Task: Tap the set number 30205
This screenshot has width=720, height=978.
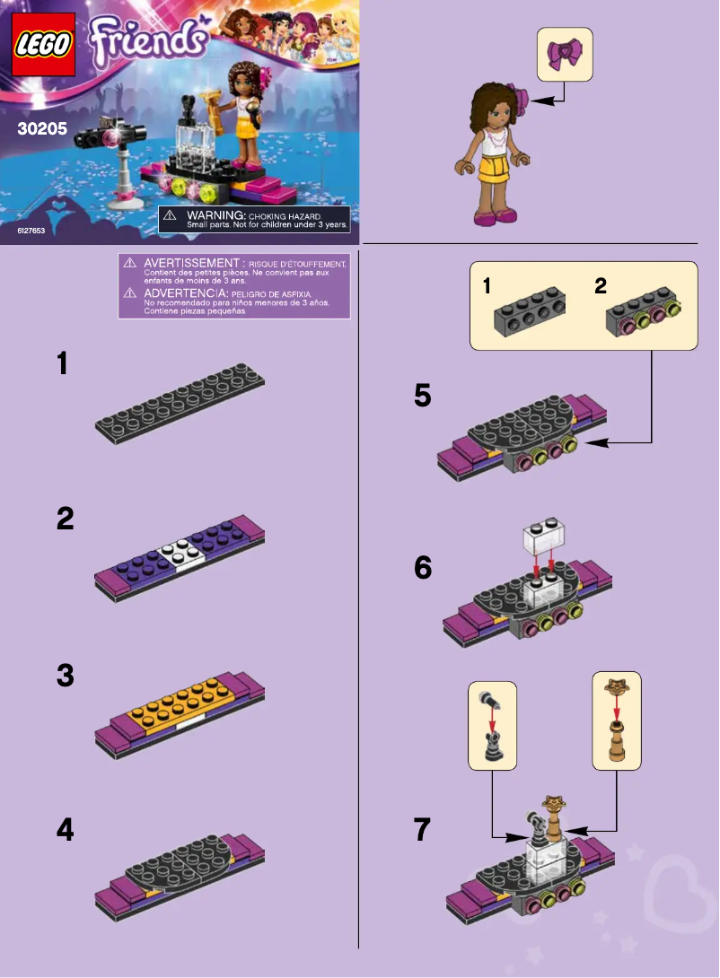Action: [x=42, y=128]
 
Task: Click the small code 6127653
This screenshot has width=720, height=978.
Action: [x=31, y=231]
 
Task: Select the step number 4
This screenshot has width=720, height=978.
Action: [x=65, y=831]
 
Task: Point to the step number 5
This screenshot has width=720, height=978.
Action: [x=423, y=396]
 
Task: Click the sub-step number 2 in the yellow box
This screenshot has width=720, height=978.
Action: [x=601, y=287]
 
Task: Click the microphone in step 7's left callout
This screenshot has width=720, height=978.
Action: [x=492, y=709]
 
